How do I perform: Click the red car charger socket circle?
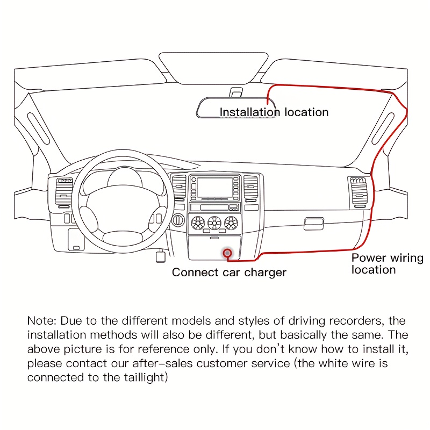pos(228,252)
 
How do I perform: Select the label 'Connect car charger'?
pos(229,273)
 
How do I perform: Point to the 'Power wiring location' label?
pos(387,263)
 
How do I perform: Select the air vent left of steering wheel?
pos(63,192)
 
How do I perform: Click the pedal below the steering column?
pos(160,257)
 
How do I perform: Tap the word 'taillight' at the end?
pos(146,377)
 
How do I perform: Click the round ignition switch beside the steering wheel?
pos(176,220)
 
